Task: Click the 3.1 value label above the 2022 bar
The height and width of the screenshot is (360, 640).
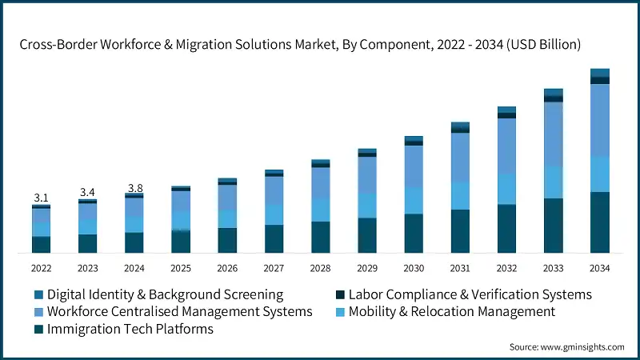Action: click(41, 198)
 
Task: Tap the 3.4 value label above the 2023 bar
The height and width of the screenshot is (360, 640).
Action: click(87, 192)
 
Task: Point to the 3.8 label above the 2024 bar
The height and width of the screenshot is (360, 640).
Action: click(134, 188)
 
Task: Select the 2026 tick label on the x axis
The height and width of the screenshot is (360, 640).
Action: click(227, 268)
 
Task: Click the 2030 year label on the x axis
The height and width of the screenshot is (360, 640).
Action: click(414, 268)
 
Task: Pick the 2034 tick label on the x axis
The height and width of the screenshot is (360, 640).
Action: click(600, 268)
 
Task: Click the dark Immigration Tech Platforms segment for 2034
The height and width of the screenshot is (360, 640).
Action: click(600, 222)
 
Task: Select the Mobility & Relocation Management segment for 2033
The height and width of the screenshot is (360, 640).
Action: click(554, 182)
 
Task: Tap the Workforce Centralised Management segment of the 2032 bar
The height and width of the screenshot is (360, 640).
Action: click(506, 146)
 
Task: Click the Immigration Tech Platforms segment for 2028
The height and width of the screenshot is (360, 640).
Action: click(320, 237)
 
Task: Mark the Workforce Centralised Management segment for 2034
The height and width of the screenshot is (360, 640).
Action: click(600, 120)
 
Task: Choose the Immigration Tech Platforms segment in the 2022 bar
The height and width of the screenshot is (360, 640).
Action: click(41, 245)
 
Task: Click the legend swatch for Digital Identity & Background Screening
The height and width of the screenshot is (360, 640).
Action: click(38, 294)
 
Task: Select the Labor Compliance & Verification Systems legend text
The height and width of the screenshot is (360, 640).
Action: click(470, 294)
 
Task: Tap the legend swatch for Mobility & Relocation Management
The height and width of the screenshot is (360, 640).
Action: click(339, 311)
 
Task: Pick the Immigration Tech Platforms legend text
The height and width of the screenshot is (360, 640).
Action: click(130, 328)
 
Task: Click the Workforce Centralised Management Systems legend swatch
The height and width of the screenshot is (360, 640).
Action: click(38, 311)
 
